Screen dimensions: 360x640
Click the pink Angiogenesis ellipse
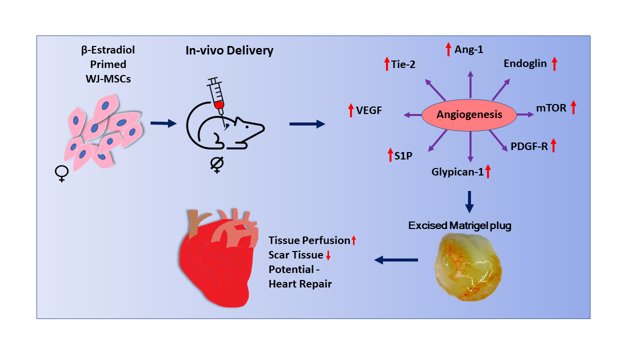tap(469, 114)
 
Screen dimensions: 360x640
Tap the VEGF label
tap(369, 110)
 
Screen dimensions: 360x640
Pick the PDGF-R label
tap(529, 146)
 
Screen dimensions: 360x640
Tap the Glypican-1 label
tap(458, 172)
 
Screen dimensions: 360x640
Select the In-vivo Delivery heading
tap(229, 50)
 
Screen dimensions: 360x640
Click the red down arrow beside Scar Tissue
tap(328, 256)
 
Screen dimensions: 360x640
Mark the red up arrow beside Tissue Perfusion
tap(353, 240)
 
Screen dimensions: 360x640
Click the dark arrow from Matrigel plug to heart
tap(396, 259)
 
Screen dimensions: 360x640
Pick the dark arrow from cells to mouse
tap(163, 123)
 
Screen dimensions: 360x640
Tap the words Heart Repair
tap(300, 284)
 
